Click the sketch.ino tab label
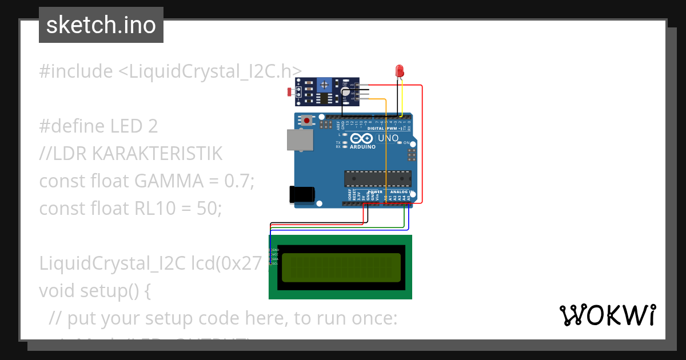[x=101, y=25]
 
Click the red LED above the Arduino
[x=400, y=71]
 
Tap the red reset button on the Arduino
[x=308, y=121]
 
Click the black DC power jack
[x=302, y=194]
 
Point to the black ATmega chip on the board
[x=377, y=178]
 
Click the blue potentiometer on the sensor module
[x=325, y=85]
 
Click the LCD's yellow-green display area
[x=341, y=267]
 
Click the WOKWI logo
[x=607, y=315]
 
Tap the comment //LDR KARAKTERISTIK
[x=130, y=154]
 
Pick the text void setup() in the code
[x=94, y=291]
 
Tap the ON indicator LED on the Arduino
[x=400, y=143]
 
